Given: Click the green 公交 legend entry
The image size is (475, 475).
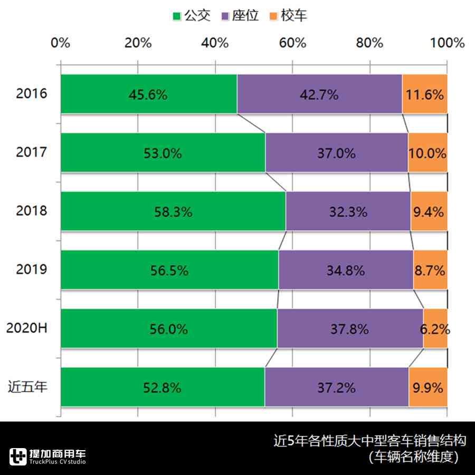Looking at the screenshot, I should pos(191,15).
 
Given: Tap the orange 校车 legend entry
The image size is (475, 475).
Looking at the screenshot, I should pos(288,15).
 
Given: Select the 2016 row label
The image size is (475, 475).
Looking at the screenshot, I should pos(32,94).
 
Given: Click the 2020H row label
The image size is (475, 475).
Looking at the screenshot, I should pos(27,328).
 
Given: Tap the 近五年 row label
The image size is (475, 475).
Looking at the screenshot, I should pos(27,387).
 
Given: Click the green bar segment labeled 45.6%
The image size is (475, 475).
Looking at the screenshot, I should pos(148,94).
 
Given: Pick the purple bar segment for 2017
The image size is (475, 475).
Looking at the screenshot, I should pos(336,153).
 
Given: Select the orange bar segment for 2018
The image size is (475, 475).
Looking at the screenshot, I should pos(429,212).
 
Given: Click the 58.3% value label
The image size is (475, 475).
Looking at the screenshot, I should pos(173,212).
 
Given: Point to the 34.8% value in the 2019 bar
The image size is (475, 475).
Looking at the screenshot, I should pos(346,271).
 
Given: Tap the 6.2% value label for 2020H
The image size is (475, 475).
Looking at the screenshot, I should pos(435,329).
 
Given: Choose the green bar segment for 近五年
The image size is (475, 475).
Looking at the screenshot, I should pos(163,387).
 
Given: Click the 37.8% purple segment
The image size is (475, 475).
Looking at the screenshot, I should pos(349,329).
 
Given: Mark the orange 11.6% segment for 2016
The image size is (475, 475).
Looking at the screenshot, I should pos(424,94).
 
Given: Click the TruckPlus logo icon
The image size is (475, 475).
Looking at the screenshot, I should pos(18,456).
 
